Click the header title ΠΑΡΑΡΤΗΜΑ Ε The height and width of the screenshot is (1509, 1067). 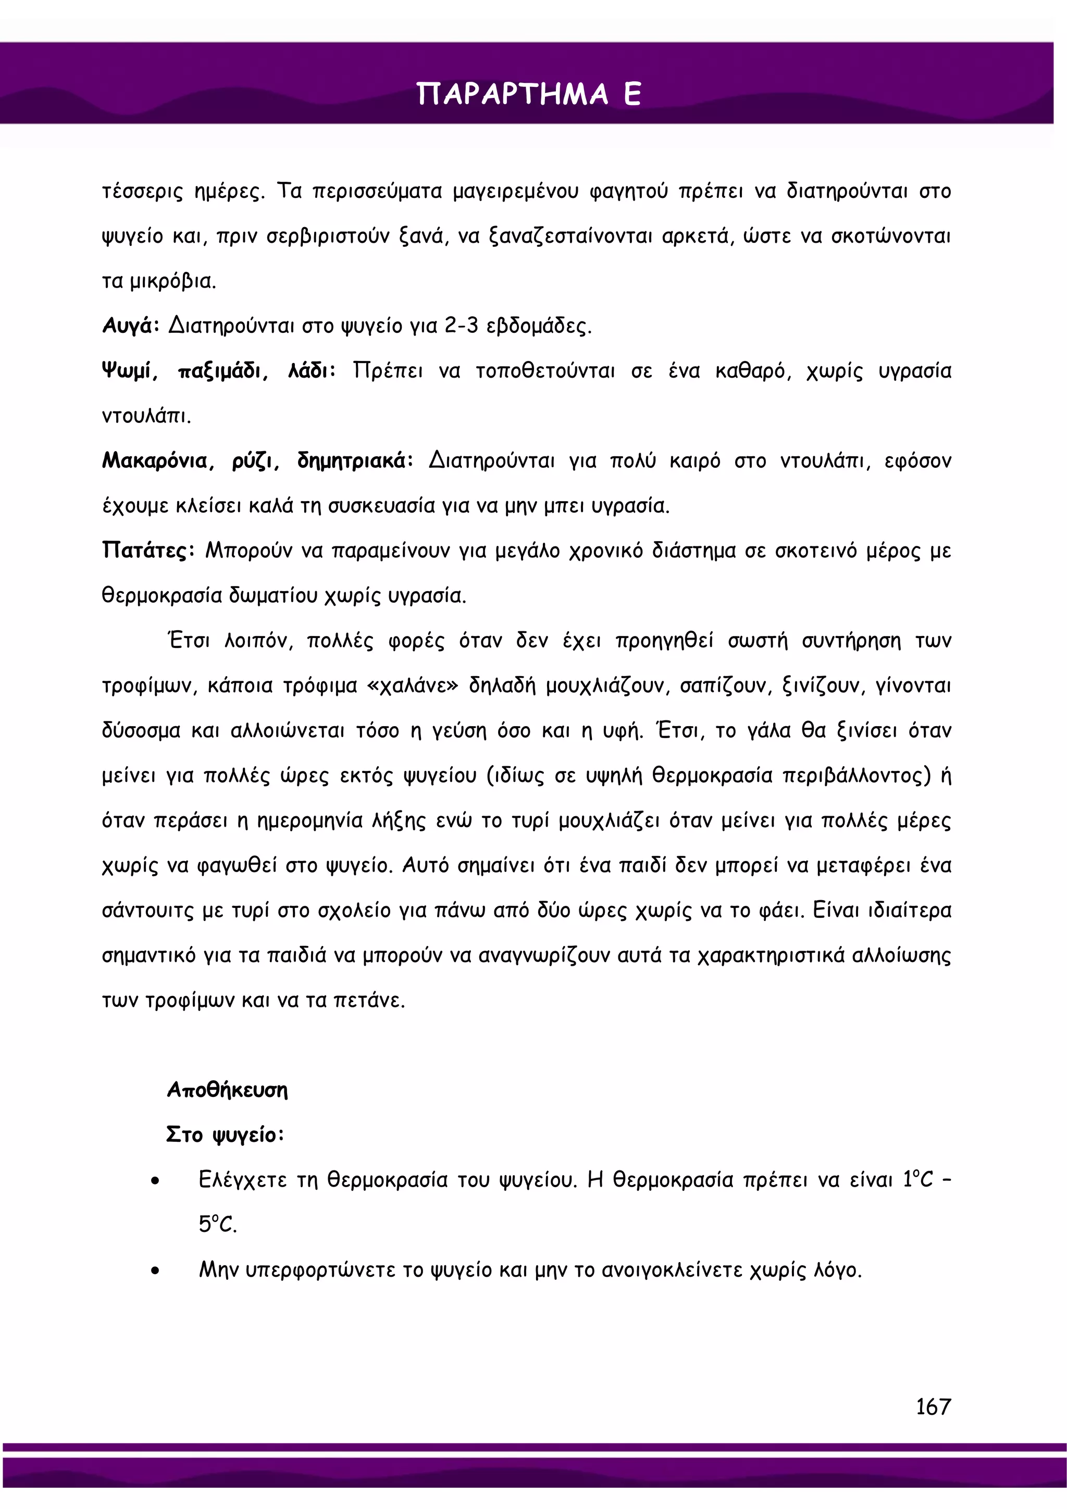point(529,94)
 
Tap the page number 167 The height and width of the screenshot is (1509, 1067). point(933,1406)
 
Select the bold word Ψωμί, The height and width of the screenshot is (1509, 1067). point(130,371)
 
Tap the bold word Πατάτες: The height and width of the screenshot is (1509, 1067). point(148,550)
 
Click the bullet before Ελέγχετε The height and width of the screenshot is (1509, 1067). point(155,1181)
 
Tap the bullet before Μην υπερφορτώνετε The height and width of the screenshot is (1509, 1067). point(155,1271)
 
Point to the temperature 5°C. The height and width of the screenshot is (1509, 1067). point(217,1225)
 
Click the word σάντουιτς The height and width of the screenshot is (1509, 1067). point(147,911)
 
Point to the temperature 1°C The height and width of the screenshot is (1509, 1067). point(918,1180)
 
